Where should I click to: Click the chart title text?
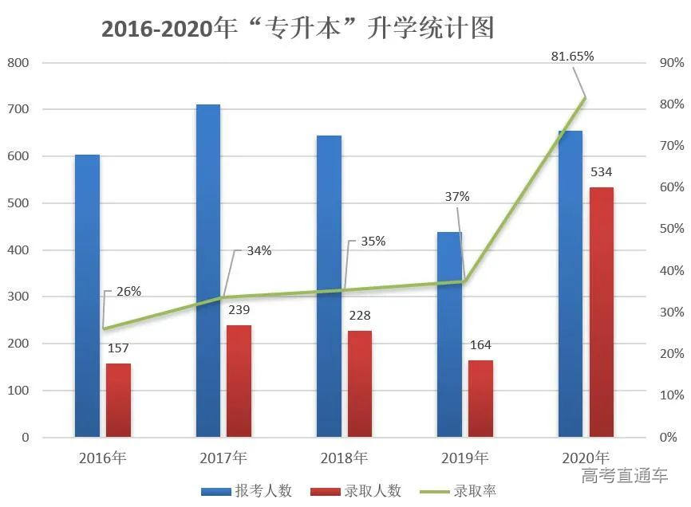(298, 28)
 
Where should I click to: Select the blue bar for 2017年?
(208, 271)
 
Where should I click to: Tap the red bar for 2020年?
(602, 312)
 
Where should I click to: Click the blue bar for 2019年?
(450, 335)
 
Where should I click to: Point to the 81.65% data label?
(572, 56)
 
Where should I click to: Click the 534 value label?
(602, 172)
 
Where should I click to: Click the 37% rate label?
(457, 197)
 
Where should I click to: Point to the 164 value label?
(480, 345)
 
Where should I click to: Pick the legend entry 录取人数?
(356, 491)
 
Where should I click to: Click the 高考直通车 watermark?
(624, 477)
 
